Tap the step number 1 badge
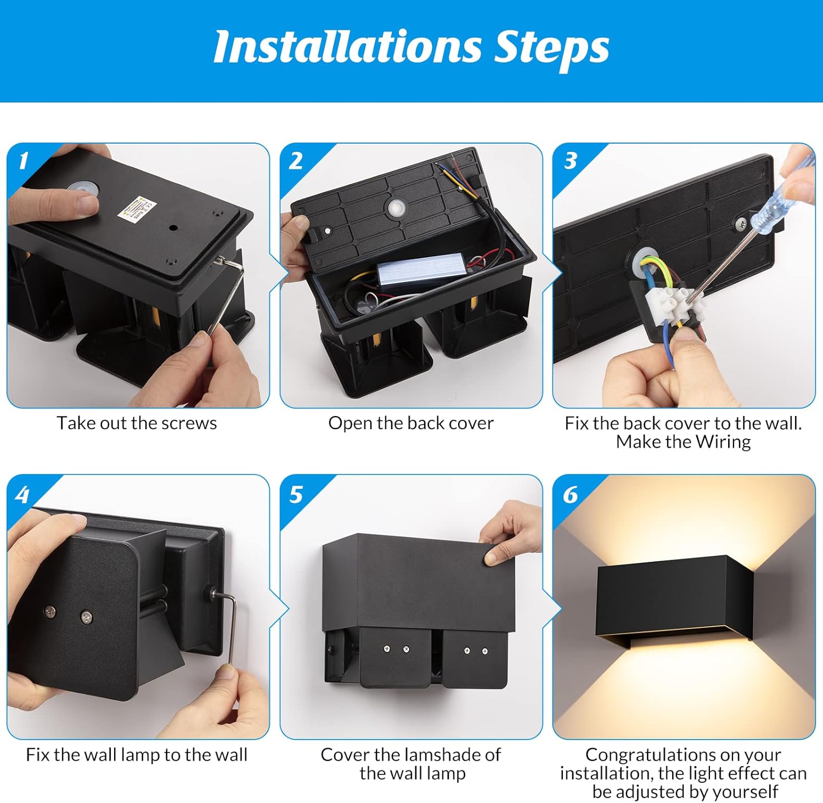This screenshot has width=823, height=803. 22,161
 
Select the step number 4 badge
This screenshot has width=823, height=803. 22,495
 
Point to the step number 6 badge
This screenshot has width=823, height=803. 570,495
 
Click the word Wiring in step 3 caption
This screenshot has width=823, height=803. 724,442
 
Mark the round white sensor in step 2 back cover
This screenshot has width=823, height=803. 395,208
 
